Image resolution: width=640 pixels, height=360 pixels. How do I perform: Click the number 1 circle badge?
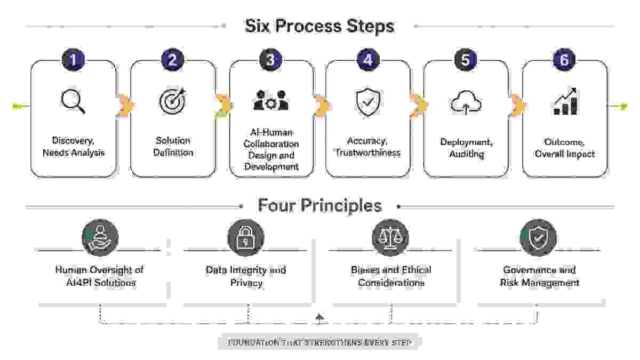74,60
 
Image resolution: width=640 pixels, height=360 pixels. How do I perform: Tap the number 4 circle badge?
369,60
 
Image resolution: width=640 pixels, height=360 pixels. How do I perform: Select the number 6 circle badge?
564,60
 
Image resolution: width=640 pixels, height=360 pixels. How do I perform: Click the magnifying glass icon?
73,101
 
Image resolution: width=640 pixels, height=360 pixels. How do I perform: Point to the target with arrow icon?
173,101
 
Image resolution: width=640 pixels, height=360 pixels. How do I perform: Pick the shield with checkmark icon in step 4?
368,102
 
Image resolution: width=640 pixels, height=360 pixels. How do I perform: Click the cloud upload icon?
466,102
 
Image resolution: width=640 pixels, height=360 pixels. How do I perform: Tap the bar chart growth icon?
565,101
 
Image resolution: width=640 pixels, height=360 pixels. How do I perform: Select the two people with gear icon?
271,100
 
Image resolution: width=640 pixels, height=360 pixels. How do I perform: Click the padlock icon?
246,237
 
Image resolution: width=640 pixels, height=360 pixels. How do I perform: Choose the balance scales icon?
390,237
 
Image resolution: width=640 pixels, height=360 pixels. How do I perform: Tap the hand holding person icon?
100,237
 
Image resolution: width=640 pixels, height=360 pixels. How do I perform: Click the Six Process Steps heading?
319,26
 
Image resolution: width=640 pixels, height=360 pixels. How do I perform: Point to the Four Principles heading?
319,205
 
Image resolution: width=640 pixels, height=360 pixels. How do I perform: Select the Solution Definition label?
173,147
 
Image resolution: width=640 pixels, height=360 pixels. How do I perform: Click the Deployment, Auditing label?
467,148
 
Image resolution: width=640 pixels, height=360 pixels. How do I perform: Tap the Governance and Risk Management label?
539,276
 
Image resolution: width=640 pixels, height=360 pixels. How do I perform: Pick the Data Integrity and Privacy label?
246,276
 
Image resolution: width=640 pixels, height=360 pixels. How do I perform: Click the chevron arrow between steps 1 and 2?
125,106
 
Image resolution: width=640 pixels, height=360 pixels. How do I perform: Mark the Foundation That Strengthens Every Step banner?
318,342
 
